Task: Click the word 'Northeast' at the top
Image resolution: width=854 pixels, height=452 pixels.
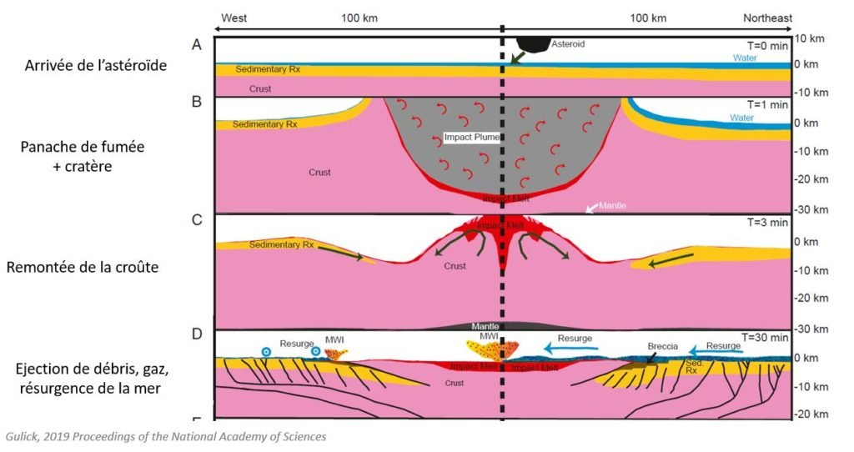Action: tap(767, 18)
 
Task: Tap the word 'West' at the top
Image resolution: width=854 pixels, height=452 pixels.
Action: tap(234, 18)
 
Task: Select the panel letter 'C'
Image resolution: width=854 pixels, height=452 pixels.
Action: tap(198, 220)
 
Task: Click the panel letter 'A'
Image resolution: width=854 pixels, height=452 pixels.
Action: tap(198, 45)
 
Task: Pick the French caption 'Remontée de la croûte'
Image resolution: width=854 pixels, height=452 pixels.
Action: tap(83, 269)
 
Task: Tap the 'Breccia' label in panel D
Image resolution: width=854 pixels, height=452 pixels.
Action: tap(664, 345)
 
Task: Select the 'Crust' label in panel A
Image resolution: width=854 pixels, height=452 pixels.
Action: tap(260, 88)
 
